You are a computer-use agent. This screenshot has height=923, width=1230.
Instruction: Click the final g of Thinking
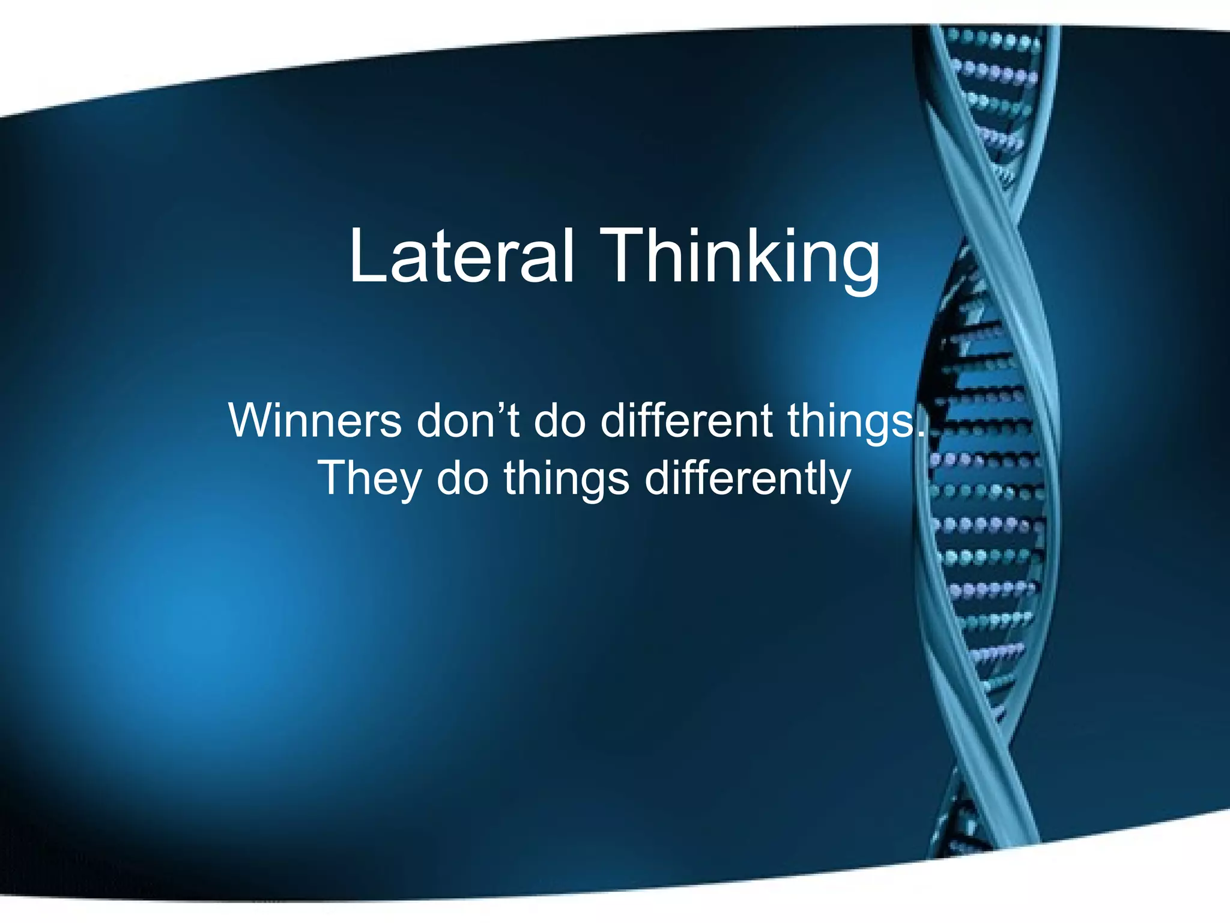point(859,264)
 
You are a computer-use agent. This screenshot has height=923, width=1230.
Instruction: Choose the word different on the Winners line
point(686,420)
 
